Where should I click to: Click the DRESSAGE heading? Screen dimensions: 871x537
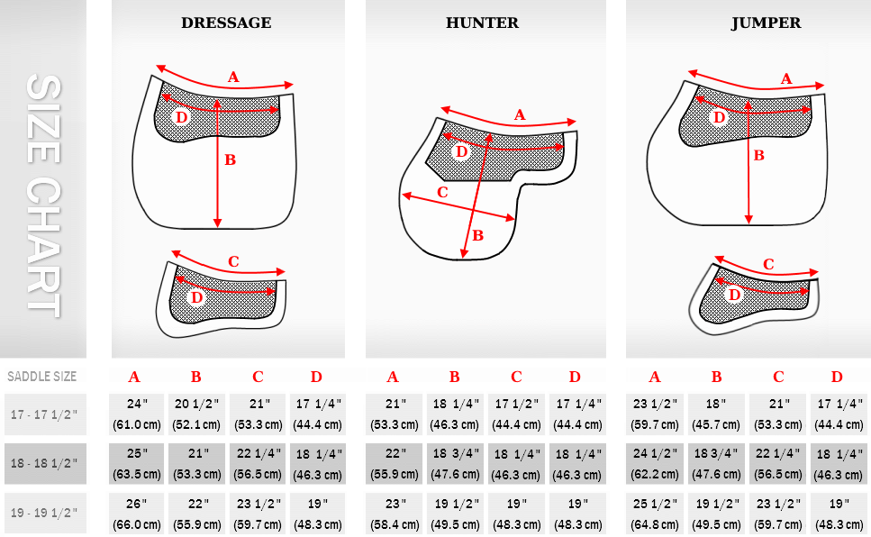pos(226,23)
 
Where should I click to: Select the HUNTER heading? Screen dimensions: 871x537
pos(482,23)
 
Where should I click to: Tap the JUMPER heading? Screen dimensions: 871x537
pos(766,23)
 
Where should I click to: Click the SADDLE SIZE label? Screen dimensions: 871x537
pos(41,377)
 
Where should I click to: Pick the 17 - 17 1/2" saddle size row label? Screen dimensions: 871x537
pos(44,414)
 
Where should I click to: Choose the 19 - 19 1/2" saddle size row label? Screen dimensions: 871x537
pos(44,513)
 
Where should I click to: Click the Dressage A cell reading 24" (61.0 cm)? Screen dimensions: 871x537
pos(137,414)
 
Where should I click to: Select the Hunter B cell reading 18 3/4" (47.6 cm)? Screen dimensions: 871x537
pos(454,464)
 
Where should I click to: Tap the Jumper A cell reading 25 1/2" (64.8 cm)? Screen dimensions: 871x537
pos(655,513)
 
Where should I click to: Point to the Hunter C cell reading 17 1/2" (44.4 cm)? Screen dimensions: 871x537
pos(516,414)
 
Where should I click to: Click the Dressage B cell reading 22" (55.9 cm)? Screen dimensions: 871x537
pos(196,513)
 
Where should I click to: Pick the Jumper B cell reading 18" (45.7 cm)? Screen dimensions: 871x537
pos(716,414)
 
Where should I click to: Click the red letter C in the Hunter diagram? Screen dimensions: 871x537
pos(442,193)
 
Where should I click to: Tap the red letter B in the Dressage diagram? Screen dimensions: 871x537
pos(230,160)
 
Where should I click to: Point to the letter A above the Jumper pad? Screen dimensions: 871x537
pos(786,79)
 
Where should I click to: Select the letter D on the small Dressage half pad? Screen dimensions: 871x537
pos(196,298)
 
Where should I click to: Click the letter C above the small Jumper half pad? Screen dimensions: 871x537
pos(768,264)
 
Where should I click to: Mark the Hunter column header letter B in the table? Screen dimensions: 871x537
pos(454,377)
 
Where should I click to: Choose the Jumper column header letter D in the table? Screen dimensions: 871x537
pos(837,377)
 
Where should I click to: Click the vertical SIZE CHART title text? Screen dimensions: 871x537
pos(43,196)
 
